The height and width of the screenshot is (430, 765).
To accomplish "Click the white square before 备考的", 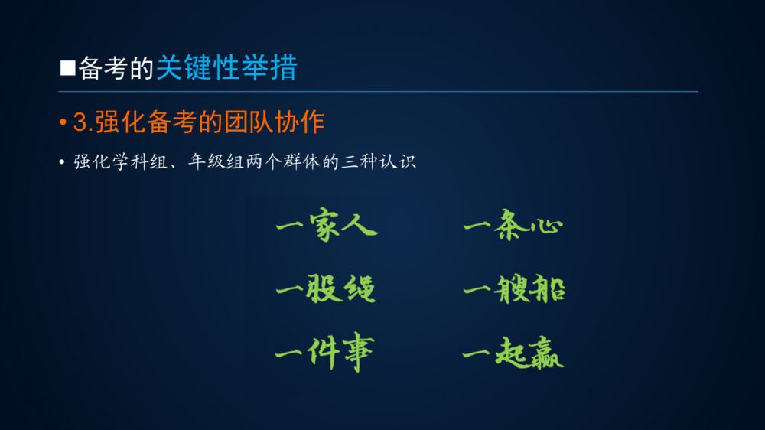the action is (68, 68).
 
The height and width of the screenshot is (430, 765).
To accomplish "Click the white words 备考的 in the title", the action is (116, 68).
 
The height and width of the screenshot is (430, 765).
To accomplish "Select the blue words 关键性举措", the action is (226, 67).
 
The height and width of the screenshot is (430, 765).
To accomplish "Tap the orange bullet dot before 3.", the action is (63, 122).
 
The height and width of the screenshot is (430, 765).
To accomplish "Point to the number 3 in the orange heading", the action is (80, 122).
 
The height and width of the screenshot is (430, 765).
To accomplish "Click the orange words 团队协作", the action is (274, 122).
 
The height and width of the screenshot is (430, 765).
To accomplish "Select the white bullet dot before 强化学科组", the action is (61, 161).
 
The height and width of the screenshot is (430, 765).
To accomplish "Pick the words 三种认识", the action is (379, 161).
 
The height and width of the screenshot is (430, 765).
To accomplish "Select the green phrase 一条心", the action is (513, 224).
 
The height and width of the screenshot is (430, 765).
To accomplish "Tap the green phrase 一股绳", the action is (325, 288).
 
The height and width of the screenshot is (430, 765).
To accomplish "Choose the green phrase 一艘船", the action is (514, 288).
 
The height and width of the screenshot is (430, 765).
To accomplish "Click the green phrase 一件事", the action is (324, 352).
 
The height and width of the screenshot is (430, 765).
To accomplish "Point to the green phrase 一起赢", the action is (513, 352).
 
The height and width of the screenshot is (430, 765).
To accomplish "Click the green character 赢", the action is (545, 353).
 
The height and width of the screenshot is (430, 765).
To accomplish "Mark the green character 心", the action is (546, 226).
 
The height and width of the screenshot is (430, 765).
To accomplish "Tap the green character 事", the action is (358, 352).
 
